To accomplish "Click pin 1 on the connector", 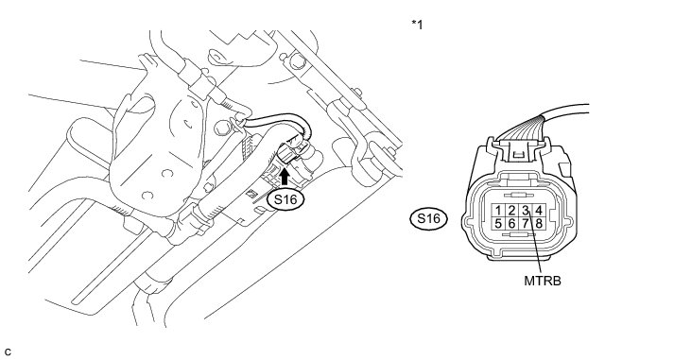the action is [498, 211].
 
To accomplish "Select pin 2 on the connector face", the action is [511, 211].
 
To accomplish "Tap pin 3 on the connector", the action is [525, 211].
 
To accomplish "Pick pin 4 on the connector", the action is [539, 211].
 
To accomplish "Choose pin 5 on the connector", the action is [498, 223].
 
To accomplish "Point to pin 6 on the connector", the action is [511, 223].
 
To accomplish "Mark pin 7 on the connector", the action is [525, 223].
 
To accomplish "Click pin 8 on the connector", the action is [539, 223].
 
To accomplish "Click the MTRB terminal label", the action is [543, 281].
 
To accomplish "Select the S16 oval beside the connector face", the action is [428, 219].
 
